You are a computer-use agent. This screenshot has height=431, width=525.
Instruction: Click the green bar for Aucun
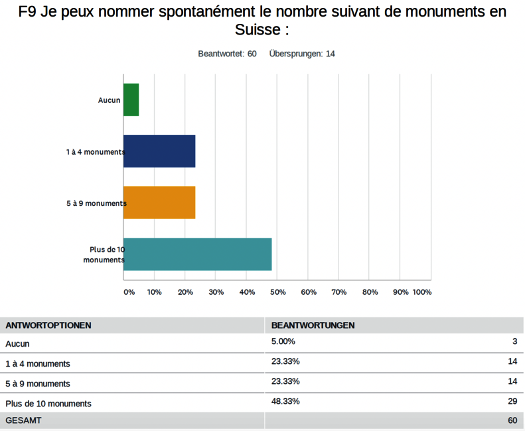[131, 100]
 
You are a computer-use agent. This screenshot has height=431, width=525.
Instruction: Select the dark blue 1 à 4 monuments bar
[159, 151]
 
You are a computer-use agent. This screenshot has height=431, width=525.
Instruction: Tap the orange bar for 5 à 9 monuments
[159, 203]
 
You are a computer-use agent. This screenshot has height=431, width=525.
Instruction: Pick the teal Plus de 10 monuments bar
[197, 254]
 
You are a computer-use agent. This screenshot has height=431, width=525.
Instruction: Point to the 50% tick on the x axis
[277, 292]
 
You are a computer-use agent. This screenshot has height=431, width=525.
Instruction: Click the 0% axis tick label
[129, 292]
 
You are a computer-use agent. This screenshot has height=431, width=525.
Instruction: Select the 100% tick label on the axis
[421, 292]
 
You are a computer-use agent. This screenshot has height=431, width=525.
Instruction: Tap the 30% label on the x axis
[216, 292]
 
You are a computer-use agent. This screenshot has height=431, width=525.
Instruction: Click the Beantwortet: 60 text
[227, 54]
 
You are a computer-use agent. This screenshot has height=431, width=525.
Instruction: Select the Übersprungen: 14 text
[302, 54]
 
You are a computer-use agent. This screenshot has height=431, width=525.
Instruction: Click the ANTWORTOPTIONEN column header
[48, 325]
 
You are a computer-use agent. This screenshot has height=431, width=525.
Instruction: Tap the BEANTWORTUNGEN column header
[313, 325]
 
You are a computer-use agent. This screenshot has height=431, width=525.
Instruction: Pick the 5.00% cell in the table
[283, 341]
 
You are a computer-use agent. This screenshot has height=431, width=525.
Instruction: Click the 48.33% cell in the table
[285, 401]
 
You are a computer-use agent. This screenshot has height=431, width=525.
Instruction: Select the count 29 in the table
[512, 401]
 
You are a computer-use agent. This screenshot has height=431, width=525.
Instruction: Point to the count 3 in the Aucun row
[514, 341]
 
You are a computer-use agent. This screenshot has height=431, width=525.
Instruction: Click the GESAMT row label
[23, 420]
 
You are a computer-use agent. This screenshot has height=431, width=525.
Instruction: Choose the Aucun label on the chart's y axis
[109, 100]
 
